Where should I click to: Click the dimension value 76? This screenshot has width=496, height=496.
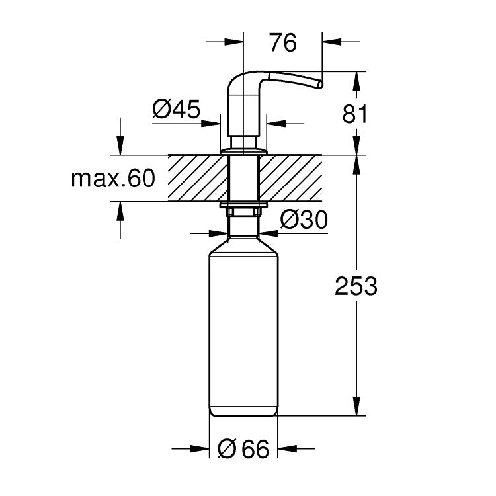(283, 42)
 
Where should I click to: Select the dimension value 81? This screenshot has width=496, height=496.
(355, 114)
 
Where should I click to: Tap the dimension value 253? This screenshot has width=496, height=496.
(356, 286)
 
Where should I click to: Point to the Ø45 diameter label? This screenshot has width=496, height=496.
(176, 109)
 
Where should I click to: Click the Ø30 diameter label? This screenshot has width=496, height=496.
(304, 220)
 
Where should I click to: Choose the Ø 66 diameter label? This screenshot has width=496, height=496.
(243, 448)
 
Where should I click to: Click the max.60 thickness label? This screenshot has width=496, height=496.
(113, 179)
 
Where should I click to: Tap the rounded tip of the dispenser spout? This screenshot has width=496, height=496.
(320, 85)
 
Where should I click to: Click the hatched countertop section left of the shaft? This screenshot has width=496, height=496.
(198, 178)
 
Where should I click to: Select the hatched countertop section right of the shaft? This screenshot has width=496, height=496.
(291, 178)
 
